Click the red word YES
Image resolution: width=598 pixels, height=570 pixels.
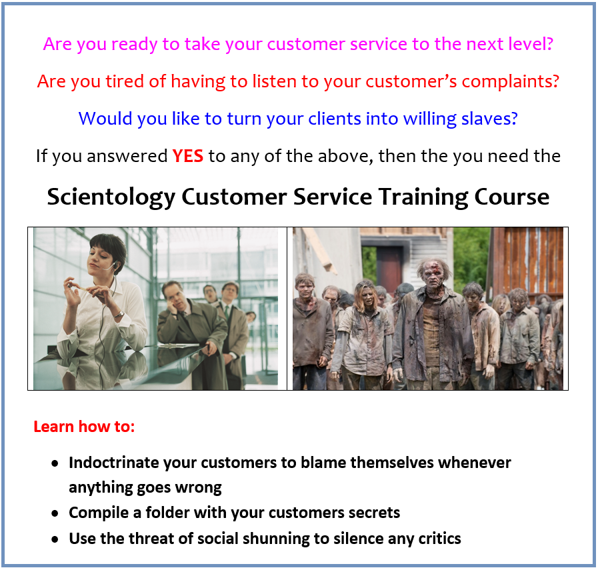[x=187, y=156]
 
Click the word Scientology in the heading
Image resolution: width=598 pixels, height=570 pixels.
[x=111, y=197]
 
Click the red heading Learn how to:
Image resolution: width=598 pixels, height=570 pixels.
[x=84, y=427]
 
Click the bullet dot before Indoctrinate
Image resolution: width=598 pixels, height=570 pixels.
[x=55, y=463]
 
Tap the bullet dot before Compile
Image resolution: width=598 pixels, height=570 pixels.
[x=55, y=513]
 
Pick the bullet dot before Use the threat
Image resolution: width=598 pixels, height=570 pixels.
[x=55, y=539]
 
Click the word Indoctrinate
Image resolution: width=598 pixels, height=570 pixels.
[x=113, y=463]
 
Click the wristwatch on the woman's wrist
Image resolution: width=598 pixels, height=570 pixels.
[x=119, y=315]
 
